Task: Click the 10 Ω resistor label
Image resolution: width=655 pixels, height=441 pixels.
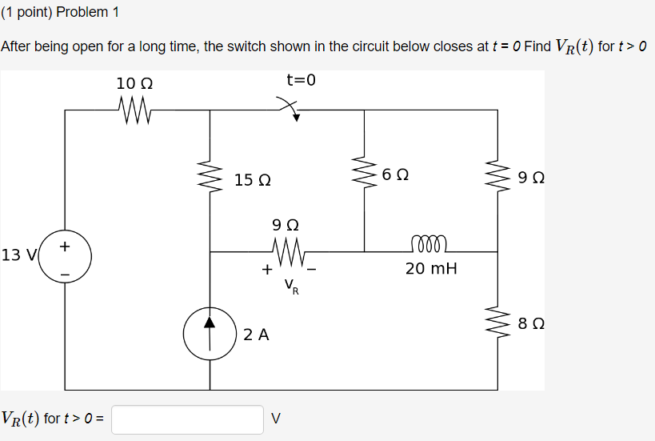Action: tap(134, 83)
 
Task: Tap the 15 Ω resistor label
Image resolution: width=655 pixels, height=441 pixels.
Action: tap(252, 180)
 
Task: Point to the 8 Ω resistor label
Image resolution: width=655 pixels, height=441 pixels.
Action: tap(532, 324)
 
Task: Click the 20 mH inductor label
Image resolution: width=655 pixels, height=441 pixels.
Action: tap(431, 269)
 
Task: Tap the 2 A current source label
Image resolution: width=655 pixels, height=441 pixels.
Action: tap(256, 335)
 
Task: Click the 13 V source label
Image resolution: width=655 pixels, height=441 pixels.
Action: tap(20, 255)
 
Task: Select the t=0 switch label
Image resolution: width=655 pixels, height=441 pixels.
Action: tap(302, 80)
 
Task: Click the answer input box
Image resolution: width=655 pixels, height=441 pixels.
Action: tap(187, 419)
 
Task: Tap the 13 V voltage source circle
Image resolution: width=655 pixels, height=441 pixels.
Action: tap(65, 258)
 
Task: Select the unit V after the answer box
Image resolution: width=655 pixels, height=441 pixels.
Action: tap(277, 418)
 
